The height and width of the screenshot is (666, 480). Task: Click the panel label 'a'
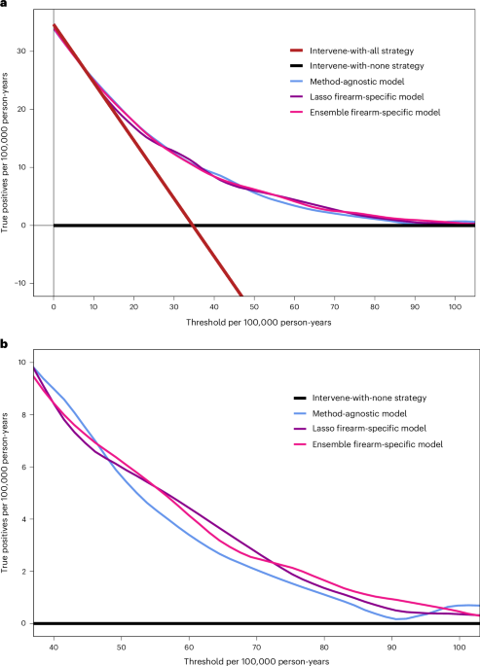pos(5,6)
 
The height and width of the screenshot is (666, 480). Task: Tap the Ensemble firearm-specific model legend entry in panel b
pos(354,443)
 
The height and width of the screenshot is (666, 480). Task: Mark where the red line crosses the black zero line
pos(193,226)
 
